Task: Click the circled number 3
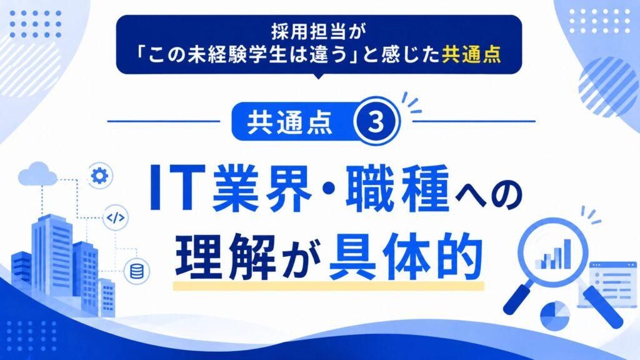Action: point(376,121)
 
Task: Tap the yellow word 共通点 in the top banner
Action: point(471,54)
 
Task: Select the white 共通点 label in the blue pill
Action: point(290,122)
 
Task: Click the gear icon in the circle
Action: point(99,176)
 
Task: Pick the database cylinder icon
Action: point(137,271)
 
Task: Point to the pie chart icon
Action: point(555,315)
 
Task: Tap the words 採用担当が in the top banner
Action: point(319,32)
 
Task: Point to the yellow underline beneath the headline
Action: point(329,285)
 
